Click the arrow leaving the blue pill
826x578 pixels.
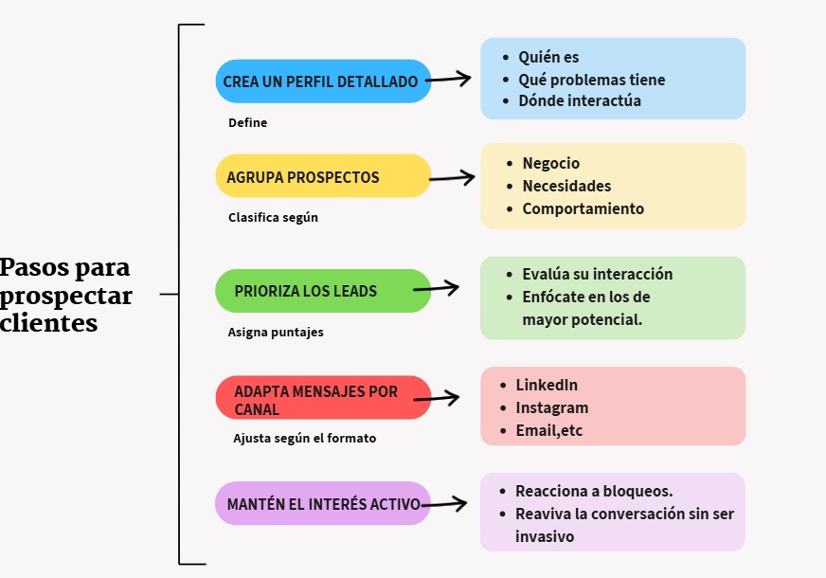pos(449,80)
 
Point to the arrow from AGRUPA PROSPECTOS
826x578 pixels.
pos(453,176)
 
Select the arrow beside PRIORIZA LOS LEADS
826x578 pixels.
pos(437,287)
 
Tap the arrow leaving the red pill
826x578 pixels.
pos(437,399)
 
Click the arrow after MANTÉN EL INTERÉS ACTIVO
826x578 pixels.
pos(443,504)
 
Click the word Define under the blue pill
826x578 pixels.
pos(248,122)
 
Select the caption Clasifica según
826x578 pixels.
pos(273,217)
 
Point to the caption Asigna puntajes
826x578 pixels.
pos(276,333)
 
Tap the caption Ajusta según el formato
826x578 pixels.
pos(304,439)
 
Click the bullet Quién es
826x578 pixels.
pos(548,58)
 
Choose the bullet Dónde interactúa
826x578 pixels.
pos(579,100)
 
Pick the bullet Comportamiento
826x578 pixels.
pos(583,208)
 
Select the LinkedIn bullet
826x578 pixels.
pos(547,386)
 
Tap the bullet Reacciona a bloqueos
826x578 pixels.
pos(594,491)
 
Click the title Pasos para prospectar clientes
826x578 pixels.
pos(66,295)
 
